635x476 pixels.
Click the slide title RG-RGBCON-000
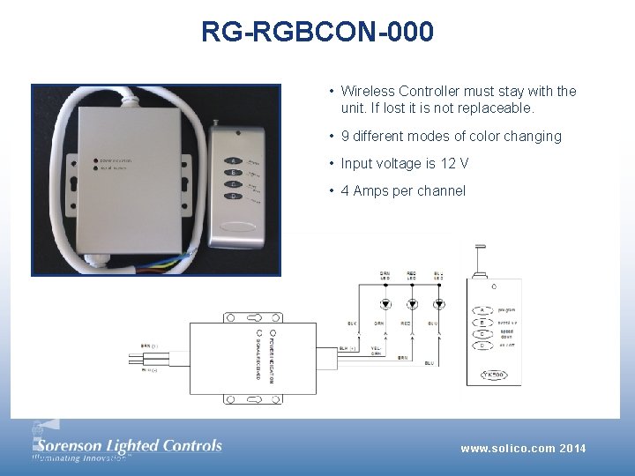click(x=317, y=33)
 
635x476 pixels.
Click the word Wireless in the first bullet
click(x=368, y=91)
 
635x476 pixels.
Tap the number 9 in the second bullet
click(x=346, y=136)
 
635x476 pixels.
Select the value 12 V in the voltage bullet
click(x=454, y=163)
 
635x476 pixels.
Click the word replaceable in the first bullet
click(x=497, y=108)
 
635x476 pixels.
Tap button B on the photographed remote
click(x=234, y=173)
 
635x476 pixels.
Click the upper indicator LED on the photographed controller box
click(x=95, y=161)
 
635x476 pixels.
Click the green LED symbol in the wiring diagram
click(x=385, y=305)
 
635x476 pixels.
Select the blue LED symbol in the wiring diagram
click(x=438, y=305)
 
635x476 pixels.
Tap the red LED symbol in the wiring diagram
click(x=412, y=305)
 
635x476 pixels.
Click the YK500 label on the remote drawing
click(x=493, y=375)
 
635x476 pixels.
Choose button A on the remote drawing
click(x=482, y=310)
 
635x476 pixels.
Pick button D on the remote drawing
click(x=482, y=345)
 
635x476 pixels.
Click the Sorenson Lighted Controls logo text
click(x=128, y=445)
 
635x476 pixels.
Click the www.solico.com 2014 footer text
click(x=523, y=449)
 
